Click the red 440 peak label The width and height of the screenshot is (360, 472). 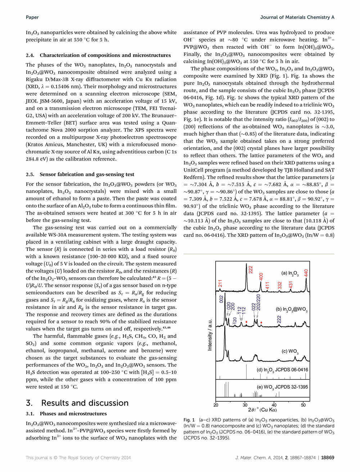(306, 273)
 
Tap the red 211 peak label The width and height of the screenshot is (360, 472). (220, 283)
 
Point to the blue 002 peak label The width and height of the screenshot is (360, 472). (222, 299)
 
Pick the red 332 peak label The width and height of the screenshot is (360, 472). (279, 286)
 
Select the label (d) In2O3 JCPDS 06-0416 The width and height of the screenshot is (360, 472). (282, 370)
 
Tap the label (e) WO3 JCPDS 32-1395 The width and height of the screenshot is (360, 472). (282, 387)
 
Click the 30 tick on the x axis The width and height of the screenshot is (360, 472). (245, 405)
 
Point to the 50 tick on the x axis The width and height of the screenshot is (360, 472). (303, 405)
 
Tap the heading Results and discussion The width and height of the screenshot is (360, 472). (85, 403)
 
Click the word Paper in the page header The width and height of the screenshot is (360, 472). (32, 17)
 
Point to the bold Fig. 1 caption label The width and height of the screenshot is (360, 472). (189, 420)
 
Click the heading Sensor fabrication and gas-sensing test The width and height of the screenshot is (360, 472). (87, 174)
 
